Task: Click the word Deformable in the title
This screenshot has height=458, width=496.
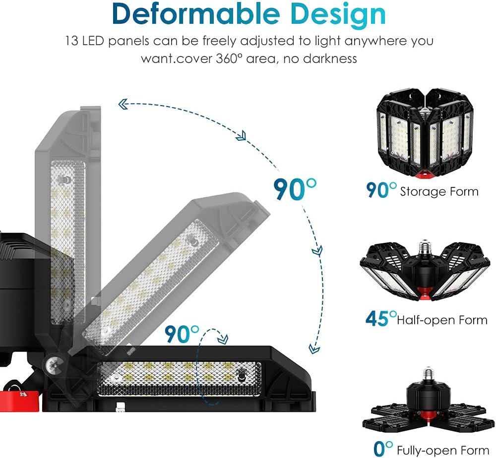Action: coord(196,14)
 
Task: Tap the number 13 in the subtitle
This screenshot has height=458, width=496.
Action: coord(71,41)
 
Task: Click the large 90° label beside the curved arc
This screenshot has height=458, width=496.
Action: coord(295,189)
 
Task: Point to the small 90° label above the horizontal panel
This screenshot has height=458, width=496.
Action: coord(182,334)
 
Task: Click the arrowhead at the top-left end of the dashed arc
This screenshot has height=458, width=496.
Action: coord(123,104)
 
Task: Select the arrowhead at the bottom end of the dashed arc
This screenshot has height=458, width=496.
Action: coord(313,348)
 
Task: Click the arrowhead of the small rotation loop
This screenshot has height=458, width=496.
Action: coord(223,339)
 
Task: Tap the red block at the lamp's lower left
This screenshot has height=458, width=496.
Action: coord(20,401)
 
